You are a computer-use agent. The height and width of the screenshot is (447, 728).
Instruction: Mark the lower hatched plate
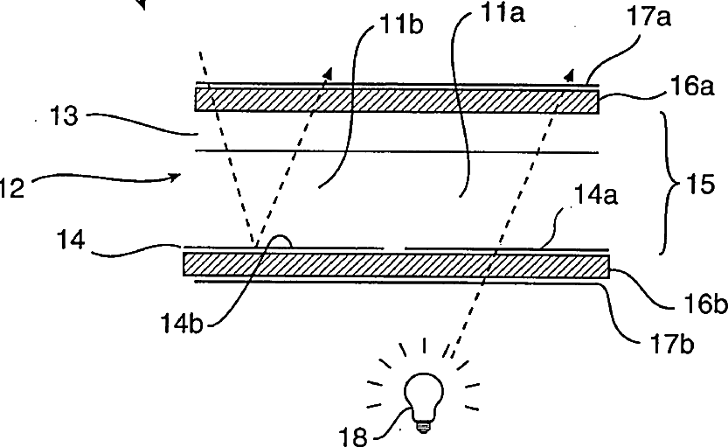[x=396, y=264]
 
